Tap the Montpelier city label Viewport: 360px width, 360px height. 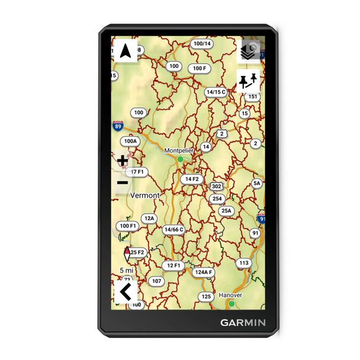(179, 150)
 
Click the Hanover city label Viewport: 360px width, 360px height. (231, 295)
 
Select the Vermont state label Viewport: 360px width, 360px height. (144, 195)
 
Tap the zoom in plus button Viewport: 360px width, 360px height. (123, 160)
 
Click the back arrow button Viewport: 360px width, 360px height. (125, 291)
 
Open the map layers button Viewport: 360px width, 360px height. (249, 52)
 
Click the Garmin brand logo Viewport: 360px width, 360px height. (243, 323)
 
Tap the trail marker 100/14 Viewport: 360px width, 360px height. (202, 44)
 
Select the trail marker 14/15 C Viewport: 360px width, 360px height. (216, 92)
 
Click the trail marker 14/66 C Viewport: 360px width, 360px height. (174, 229)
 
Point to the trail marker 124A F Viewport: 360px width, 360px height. (204, 272)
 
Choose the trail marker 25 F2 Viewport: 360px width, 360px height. (137, 253)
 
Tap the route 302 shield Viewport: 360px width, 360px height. (217, 187)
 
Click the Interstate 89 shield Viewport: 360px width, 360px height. (119, 126)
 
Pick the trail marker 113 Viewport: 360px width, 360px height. (244, 262)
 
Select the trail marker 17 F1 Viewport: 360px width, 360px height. (137, 172)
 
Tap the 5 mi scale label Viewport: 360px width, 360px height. (126, 270)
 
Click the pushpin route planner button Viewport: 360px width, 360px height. (249, 81)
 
